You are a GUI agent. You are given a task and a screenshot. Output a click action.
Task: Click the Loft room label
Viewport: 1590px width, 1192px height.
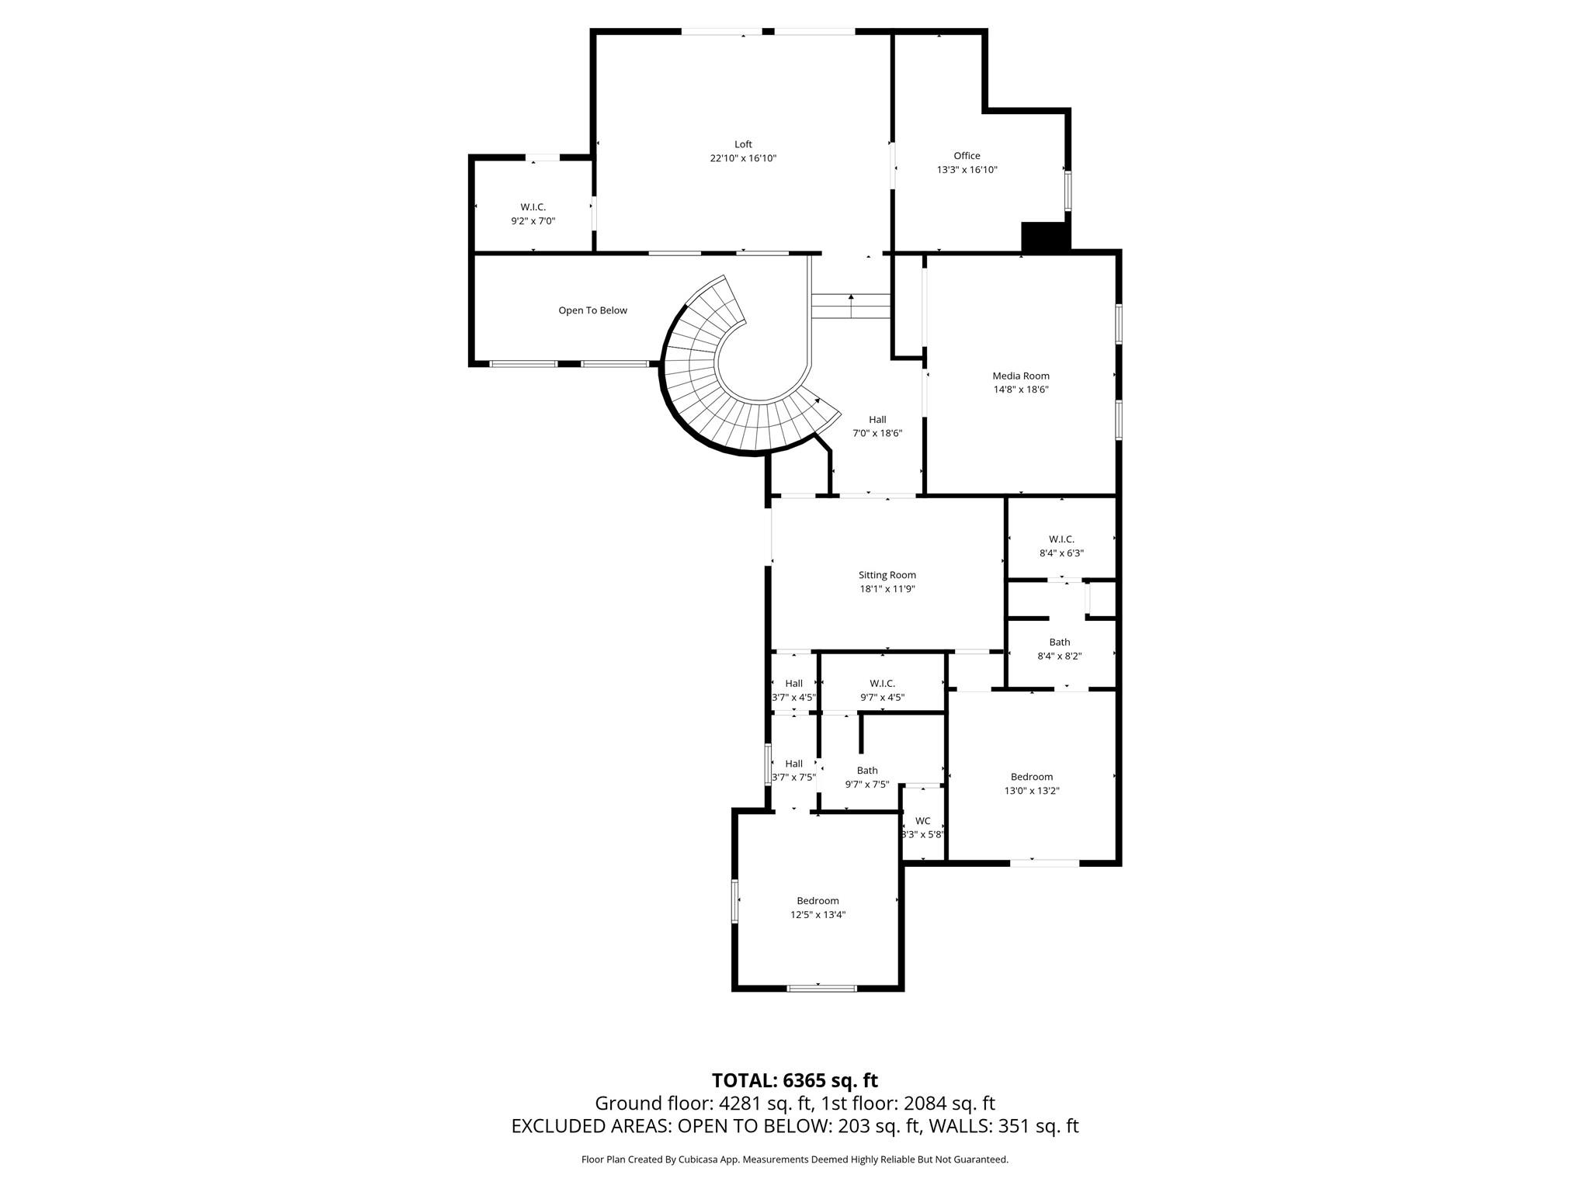point(743,144)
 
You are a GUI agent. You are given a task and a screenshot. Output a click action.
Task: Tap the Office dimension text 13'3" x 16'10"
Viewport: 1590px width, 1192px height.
point(967,170)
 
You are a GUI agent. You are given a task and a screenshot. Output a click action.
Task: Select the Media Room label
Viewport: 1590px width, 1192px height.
point(1020,376)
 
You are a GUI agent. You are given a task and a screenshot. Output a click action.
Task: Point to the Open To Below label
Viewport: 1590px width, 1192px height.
point(592,310)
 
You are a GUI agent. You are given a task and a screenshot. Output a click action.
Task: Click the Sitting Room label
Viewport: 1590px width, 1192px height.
point(887,575)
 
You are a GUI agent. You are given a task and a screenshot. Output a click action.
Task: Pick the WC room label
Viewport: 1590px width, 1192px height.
point(922,821)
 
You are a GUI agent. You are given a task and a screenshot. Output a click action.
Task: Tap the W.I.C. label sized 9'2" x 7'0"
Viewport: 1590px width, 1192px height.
point(533,207)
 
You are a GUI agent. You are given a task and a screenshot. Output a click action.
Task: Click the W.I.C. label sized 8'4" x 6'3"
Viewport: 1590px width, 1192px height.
point(1061,539)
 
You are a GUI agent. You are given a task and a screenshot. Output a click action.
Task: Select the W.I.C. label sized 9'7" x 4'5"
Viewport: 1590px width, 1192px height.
point(882,684)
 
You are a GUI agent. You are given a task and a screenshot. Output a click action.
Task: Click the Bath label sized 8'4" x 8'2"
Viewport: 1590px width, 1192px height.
point(1059,643)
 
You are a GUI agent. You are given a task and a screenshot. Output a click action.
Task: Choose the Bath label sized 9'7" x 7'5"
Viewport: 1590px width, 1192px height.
point(867,771)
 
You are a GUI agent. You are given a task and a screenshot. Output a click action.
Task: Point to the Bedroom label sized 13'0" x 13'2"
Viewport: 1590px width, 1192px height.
point(1031,777)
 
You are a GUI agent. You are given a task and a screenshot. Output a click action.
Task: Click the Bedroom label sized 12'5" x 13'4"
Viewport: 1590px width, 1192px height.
point(818,901)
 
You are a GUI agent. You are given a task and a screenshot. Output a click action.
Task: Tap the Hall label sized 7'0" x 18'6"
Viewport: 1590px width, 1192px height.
point(877,420)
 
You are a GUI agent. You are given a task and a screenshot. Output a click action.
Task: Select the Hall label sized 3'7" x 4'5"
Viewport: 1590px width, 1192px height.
point(793,684)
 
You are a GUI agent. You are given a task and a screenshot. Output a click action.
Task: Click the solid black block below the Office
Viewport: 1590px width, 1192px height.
point(1045,237)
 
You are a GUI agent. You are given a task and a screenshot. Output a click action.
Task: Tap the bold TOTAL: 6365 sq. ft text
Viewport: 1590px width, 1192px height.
point(794,1080)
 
